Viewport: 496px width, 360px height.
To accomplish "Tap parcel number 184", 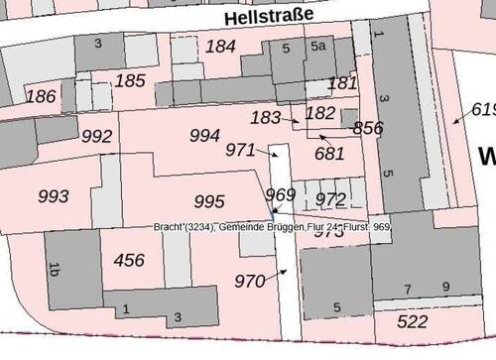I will pyautogui.click(x=220, y=46).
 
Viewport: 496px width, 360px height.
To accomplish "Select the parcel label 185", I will pyautogui.click(x=130, y=79).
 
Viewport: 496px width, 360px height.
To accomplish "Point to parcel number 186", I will pyautogui.click(x=41, y=96).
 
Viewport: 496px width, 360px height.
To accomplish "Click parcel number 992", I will pyautogui.click(x=97, y=136).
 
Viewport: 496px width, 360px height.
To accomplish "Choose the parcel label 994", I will pyautogui.click(x=204, y=134).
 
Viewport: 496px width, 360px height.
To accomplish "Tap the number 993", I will pyautogui.click(x=55, y=195).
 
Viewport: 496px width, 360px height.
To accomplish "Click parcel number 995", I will pyautogui.click(x=209, y=201).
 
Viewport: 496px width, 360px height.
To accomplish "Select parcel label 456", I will pyautogui.click(x=129, y=260).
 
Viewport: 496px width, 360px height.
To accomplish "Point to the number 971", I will pyautogui.click(x=241, y=150).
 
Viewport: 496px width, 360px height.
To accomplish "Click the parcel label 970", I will pyautogui.click(x=250, y=281).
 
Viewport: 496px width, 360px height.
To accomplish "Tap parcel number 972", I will pyautogui.click(x=330, y=201).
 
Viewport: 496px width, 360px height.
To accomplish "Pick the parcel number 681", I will pyautogui.click(x=329, y=153).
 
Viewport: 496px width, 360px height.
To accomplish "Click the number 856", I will pyautogui.click(x=367, y=128).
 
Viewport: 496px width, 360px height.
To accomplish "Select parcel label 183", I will pyautogui.click(x=266, y=117).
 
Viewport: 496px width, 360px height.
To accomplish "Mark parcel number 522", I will pyautogui.click(x=412, y=321).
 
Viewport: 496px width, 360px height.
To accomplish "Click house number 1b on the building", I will pyautogui.click(x=55, y=268).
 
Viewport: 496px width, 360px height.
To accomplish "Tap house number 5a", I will pyautogui.click(x=318, y=46).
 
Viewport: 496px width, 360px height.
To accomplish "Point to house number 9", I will pyautogui.click(x=445, y=288).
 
